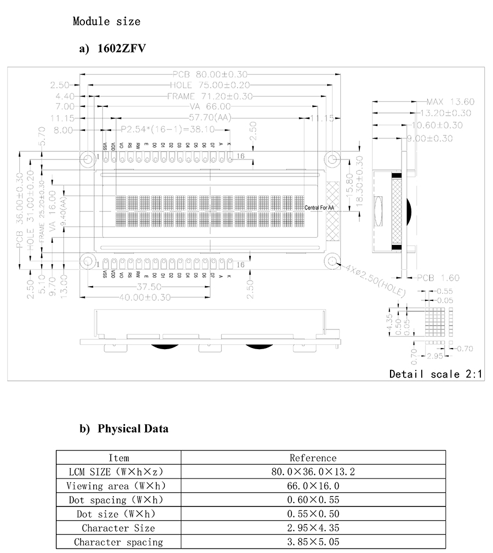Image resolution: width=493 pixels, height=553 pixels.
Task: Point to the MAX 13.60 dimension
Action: [x=450, y=102]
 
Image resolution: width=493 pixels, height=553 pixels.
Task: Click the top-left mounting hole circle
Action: [x=88, y=159]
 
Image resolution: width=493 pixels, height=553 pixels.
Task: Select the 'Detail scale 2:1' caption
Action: [x=435, y=374]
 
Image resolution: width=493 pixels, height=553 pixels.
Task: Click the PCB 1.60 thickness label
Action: [x=438, y=278]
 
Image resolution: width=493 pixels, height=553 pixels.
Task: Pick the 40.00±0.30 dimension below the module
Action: [x=144, y=297]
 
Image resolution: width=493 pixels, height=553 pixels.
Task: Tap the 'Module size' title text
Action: [x=106, y=21]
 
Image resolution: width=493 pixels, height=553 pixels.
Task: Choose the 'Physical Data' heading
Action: [x=133, y=429]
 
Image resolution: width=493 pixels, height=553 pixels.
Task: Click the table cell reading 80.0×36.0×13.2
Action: [x=313, y=471]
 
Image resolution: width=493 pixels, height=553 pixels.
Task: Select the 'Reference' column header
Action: [x=313, y=458]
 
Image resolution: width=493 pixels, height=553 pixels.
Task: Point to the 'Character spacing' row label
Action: [x=118, y=542]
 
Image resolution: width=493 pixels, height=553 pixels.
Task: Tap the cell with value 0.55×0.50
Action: [x=313, y=514]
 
